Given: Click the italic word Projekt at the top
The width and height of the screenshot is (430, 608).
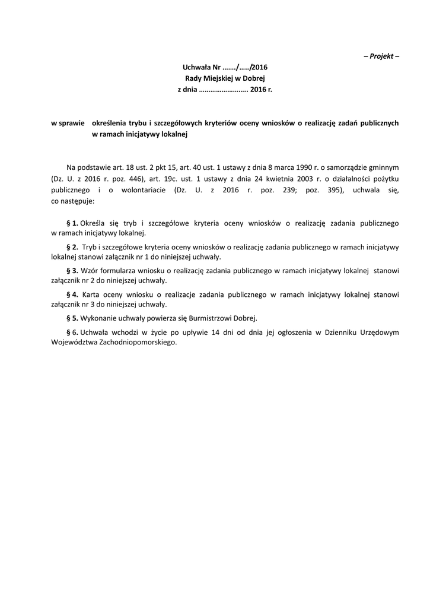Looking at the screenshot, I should point(381,56).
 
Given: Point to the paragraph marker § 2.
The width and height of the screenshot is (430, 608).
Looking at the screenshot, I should point(72,246).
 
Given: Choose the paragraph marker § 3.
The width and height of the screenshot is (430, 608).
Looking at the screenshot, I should point(72,270).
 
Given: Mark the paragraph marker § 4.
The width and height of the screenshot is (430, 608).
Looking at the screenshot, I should point(72,294).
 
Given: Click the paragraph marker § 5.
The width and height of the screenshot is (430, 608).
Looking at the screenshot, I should point(72,318).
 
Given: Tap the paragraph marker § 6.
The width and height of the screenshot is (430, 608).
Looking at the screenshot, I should point(72,332).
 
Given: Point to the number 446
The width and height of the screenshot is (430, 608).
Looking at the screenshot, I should point(135,179).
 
